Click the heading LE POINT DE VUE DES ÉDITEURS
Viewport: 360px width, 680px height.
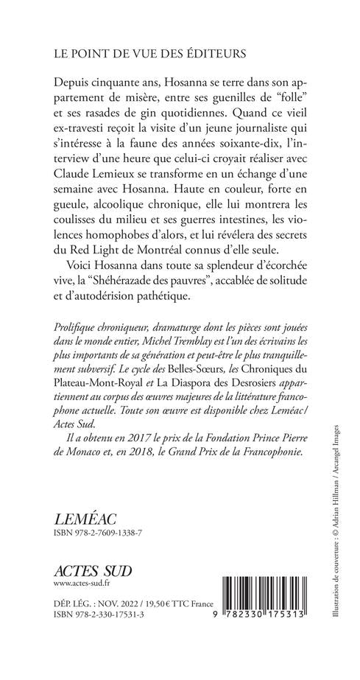[139, 55]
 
